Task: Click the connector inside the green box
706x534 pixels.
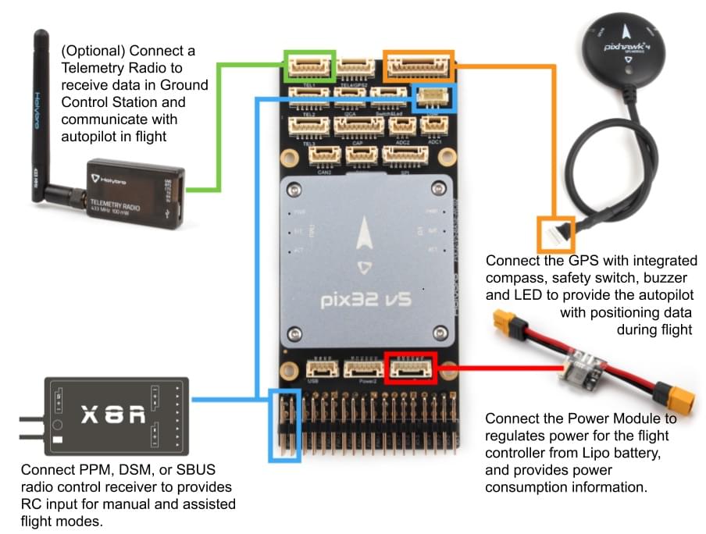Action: pyautogui.click(x=310, y=66)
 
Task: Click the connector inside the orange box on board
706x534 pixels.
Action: pyautogui.click(x=417, y=66)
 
